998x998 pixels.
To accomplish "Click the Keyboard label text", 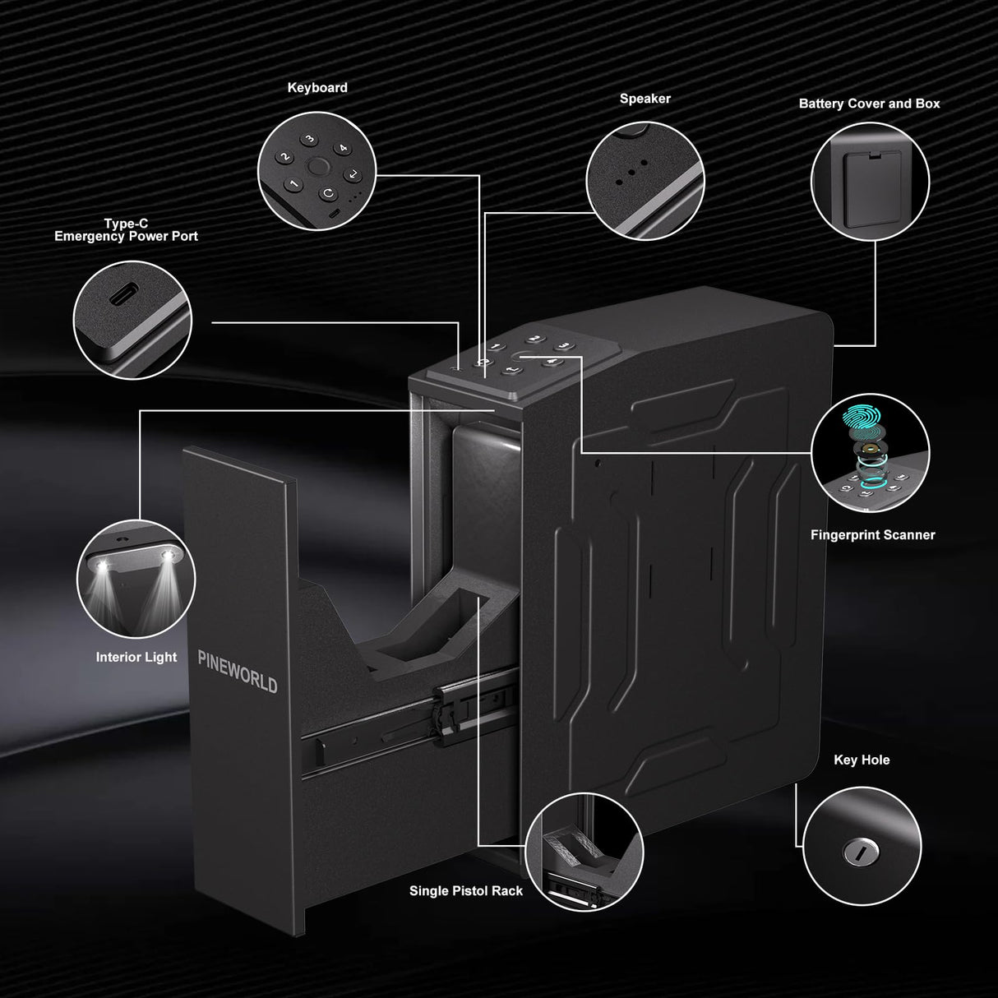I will click(x=317, y=88).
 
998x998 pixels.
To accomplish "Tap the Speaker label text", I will click(x=645, y=99).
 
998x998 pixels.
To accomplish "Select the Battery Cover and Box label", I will click(x=869, y=104).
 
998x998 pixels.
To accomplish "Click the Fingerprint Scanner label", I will click(x=872, y=535).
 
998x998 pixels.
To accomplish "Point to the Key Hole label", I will click(x=862, y=760).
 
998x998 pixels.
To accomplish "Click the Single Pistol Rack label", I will click(x=465, y=891).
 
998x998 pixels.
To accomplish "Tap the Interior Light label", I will click(x=136, y=658).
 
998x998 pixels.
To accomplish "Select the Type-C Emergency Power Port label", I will click(x=126, y=230).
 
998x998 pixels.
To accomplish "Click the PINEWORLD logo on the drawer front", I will click(x=238, y=672).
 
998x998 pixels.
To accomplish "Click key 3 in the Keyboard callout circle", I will click(x=309, y=140).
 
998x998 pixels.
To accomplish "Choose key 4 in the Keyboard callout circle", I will click(x=344, y=148).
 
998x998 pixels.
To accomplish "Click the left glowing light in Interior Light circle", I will click(x=104, y=568).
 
